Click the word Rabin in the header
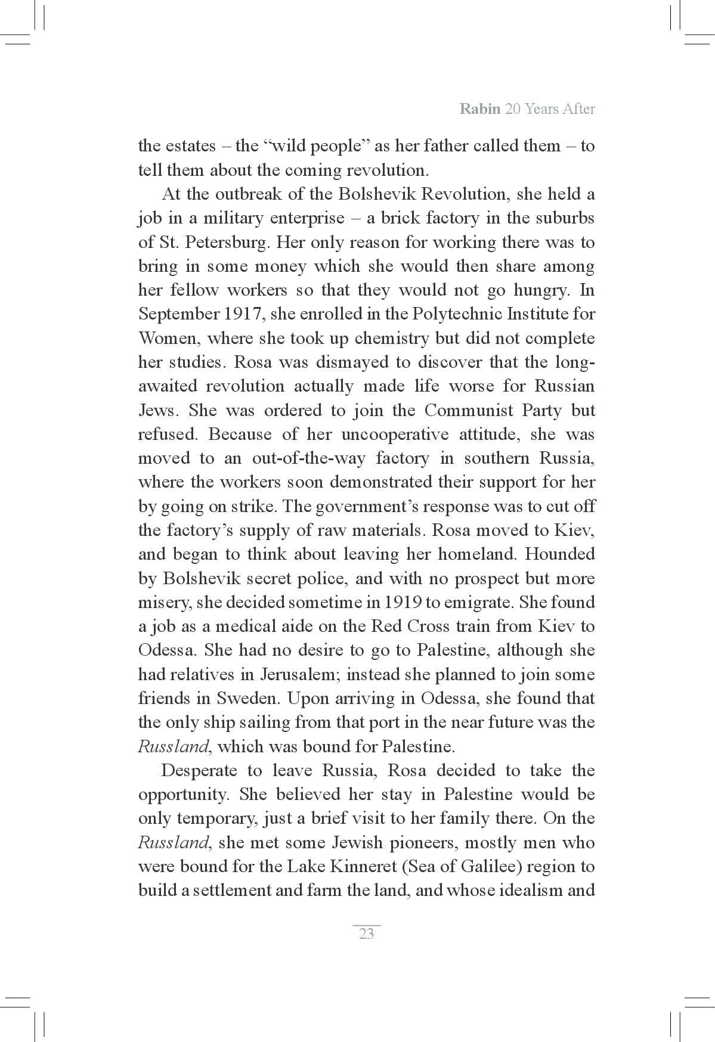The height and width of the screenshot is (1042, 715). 479,109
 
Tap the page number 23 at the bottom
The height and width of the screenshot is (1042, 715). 366,934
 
